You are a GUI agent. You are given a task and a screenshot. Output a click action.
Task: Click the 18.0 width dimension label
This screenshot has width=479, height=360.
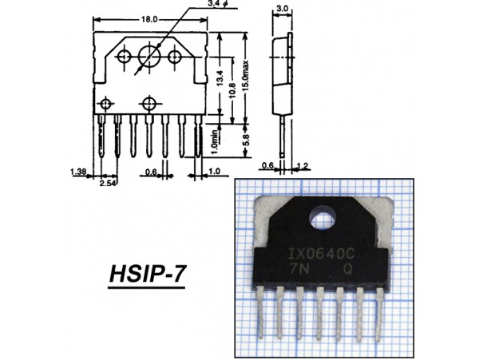[x=149, y=20]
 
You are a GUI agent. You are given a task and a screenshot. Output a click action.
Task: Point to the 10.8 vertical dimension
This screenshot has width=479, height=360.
[x=232, y=89]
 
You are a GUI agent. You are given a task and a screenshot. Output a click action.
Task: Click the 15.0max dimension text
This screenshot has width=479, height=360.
[x=246, y=75]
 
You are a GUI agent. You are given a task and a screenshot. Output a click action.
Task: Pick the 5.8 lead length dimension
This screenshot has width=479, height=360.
[x=246, y=140]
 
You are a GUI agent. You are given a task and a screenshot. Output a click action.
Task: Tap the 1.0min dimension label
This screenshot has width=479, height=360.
[x=215, y=142]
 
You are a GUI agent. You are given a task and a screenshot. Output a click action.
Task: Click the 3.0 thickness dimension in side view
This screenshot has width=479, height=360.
[x=282, y=9]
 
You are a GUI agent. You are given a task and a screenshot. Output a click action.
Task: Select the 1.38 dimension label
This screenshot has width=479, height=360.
[x=78, y=172]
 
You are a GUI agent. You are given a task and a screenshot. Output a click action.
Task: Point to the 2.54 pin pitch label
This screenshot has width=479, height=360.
[x=108, y=183]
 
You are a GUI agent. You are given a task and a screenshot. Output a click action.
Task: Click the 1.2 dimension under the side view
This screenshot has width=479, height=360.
[x=303, y=166]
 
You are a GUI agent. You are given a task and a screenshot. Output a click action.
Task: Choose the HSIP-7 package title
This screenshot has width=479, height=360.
[x=147, y=274]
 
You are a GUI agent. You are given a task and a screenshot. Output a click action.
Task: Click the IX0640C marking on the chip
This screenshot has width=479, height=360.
[x=322, y=254]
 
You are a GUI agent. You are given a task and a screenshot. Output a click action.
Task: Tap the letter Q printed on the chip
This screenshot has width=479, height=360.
[x=347, y=269]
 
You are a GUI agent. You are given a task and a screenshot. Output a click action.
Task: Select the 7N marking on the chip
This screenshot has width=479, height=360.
[x=299, y=269]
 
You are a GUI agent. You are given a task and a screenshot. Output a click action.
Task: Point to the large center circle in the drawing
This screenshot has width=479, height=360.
[x=149, y=56]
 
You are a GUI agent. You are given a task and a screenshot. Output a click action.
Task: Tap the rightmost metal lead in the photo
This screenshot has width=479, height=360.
[x=379, y=315]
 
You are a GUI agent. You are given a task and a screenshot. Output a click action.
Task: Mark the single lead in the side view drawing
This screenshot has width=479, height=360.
[x=283, y=136]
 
